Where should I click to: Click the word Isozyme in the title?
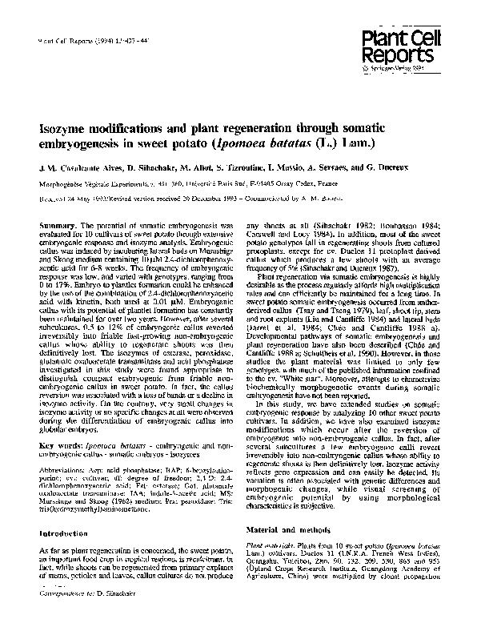[x=69, y=127]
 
